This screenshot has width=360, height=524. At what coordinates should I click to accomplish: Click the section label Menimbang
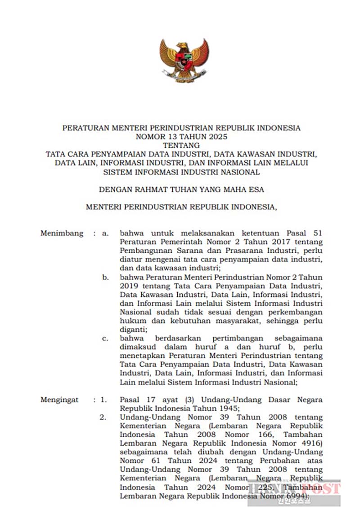[x=62, y=233]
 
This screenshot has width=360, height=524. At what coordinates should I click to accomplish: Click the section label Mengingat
[x=60, y=399]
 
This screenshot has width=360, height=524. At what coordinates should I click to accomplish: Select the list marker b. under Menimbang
[x=105, y=278]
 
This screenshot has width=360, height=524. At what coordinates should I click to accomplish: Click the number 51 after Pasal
[x=316, y=233]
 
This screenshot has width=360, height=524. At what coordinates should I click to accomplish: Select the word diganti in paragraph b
[x=131, y=329]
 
